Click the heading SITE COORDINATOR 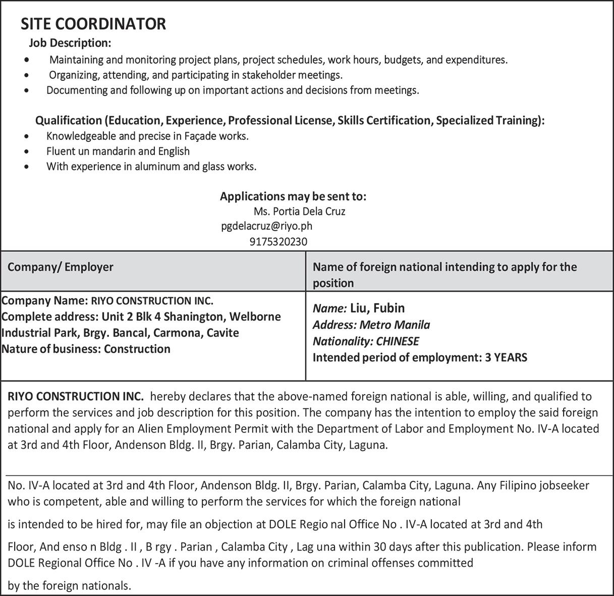93,24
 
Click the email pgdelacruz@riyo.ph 266,226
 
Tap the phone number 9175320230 278,242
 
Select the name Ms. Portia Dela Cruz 299,211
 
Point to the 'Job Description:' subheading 70,43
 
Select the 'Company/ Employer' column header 61,267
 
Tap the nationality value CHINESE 398,341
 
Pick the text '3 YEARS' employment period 506,358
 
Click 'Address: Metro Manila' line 371,324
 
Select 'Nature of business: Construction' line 86,349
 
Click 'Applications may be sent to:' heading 293,196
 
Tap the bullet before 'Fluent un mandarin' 27,151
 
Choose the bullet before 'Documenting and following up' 27,91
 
